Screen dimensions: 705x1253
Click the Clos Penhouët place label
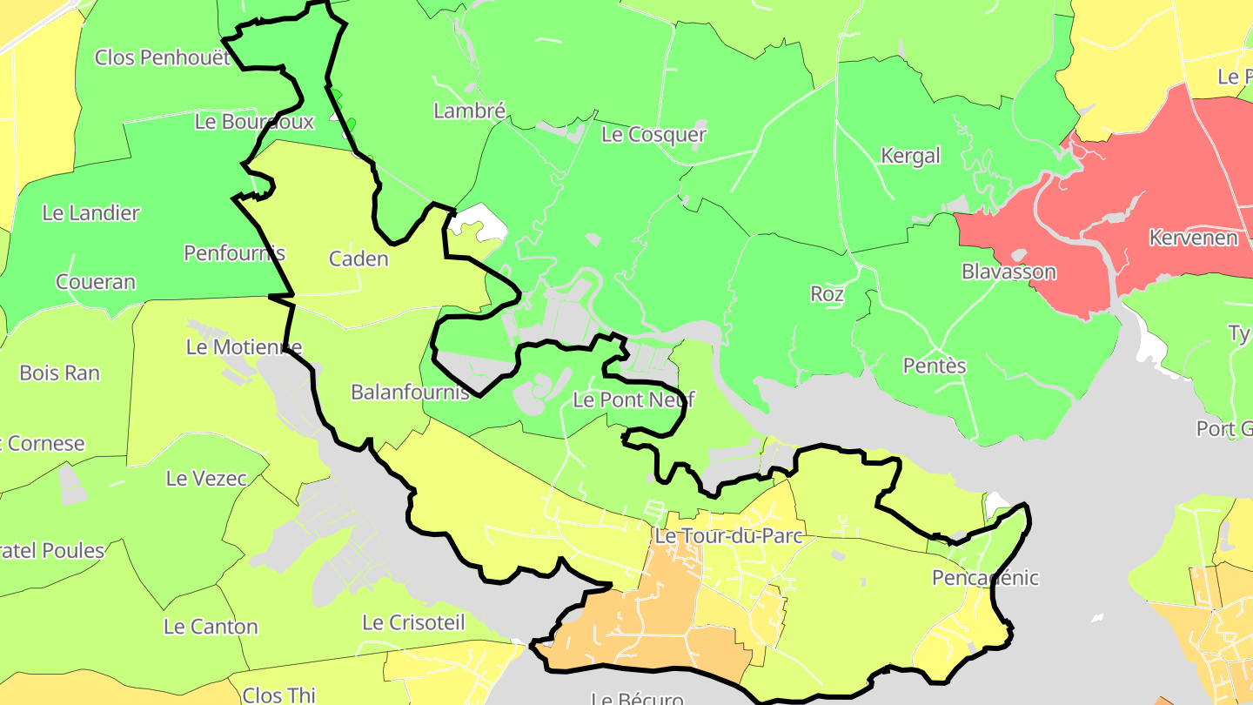(x=163, y=57)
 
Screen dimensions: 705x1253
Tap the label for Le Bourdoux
(x=254, y=122)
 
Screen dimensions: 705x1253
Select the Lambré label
(x=469, y=111)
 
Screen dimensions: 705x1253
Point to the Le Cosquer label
(x=653, y=134)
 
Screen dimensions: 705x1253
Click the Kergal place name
(x=910, y=156)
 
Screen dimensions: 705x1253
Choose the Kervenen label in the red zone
(x=1193, y=238)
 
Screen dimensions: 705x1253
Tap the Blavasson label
(x=1008, y=272)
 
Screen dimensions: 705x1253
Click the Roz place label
(x=827, y=294)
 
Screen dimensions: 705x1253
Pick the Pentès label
(x=935, y=366)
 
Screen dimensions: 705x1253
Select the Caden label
(x=358, y=258)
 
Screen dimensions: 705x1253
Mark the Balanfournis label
(x=410, y=392)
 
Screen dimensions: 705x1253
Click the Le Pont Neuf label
(x=634, y=400)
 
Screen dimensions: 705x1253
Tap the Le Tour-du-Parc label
(x=728, y=535)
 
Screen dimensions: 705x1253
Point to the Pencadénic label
(x=985, y=578)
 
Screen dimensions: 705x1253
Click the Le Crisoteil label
(x=413, y=622)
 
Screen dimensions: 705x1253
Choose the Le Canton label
(x=211, y=627)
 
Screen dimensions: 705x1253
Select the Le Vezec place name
(x=206, y=478)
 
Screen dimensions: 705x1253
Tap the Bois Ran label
(x=59, y=373)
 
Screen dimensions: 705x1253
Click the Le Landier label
(x=90, y=212)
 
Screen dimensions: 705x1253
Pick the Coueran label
(x=96, y=282)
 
